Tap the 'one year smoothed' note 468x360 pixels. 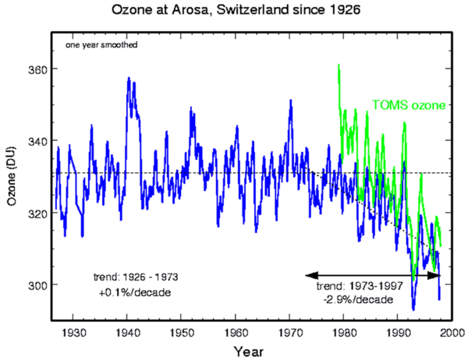tap(101, 45)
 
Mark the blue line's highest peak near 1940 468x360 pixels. tap(128, 78)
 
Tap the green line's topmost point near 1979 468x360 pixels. tap(338, 64)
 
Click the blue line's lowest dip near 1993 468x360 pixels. tap(413, 309)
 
